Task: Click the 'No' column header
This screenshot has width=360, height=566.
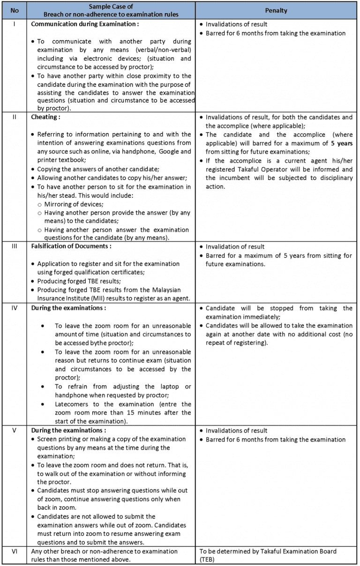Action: [x=15, y=10]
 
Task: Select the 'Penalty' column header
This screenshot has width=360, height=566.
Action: [x=276, y=10]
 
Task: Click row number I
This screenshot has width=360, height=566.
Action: [x=15, y=24]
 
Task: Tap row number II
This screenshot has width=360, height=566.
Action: [x=15, y=117]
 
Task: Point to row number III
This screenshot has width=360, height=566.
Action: [x=15, y=246]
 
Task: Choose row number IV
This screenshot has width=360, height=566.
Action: [x=15, y=308]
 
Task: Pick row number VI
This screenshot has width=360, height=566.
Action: [x=15, y=551]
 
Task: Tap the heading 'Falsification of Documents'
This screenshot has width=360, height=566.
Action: [x=71, y=246]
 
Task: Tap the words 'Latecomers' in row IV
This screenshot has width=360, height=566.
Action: [x=73, y=404]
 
